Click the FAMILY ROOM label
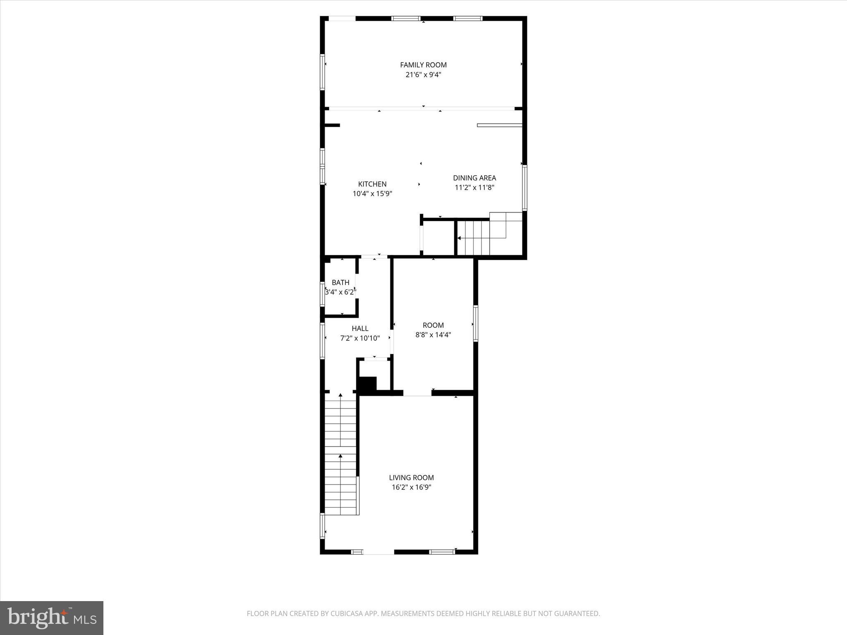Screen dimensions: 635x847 [423, 65]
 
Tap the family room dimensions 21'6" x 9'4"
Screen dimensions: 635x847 [423, 75]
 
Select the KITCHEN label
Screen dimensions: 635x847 [372, 184]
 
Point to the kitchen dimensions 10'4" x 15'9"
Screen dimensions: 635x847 [372, 193]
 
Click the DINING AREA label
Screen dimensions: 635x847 [474, 178]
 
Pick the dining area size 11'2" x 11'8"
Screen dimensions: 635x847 [474, 187]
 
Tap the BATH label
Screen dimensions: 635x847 [340, 282]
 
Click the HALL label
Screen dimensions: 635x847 [360, 329]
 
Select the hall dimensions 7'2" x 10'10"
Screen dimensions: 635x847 [360, 338]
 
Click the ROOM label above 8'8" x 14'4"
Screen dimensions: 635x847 [433, 325]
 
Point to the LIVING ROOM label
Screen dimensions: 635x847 [411, 477]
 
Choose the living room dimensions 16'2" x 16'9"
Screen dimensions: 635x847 [411, 487]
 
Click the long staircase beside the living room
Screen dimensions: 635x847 [340, 455]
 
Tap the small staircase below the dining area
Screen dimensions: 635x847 [476, 238]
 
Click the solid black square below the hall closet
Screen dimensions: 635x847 [367, 384]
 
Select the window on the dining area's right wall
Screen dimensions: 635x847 [524, 188]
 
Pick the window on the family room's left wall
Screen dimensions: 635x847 [322, 72]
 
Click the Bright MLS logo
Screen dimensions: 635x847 [52, 618]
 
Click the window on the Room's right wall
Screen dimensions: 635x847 [476, 323]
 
